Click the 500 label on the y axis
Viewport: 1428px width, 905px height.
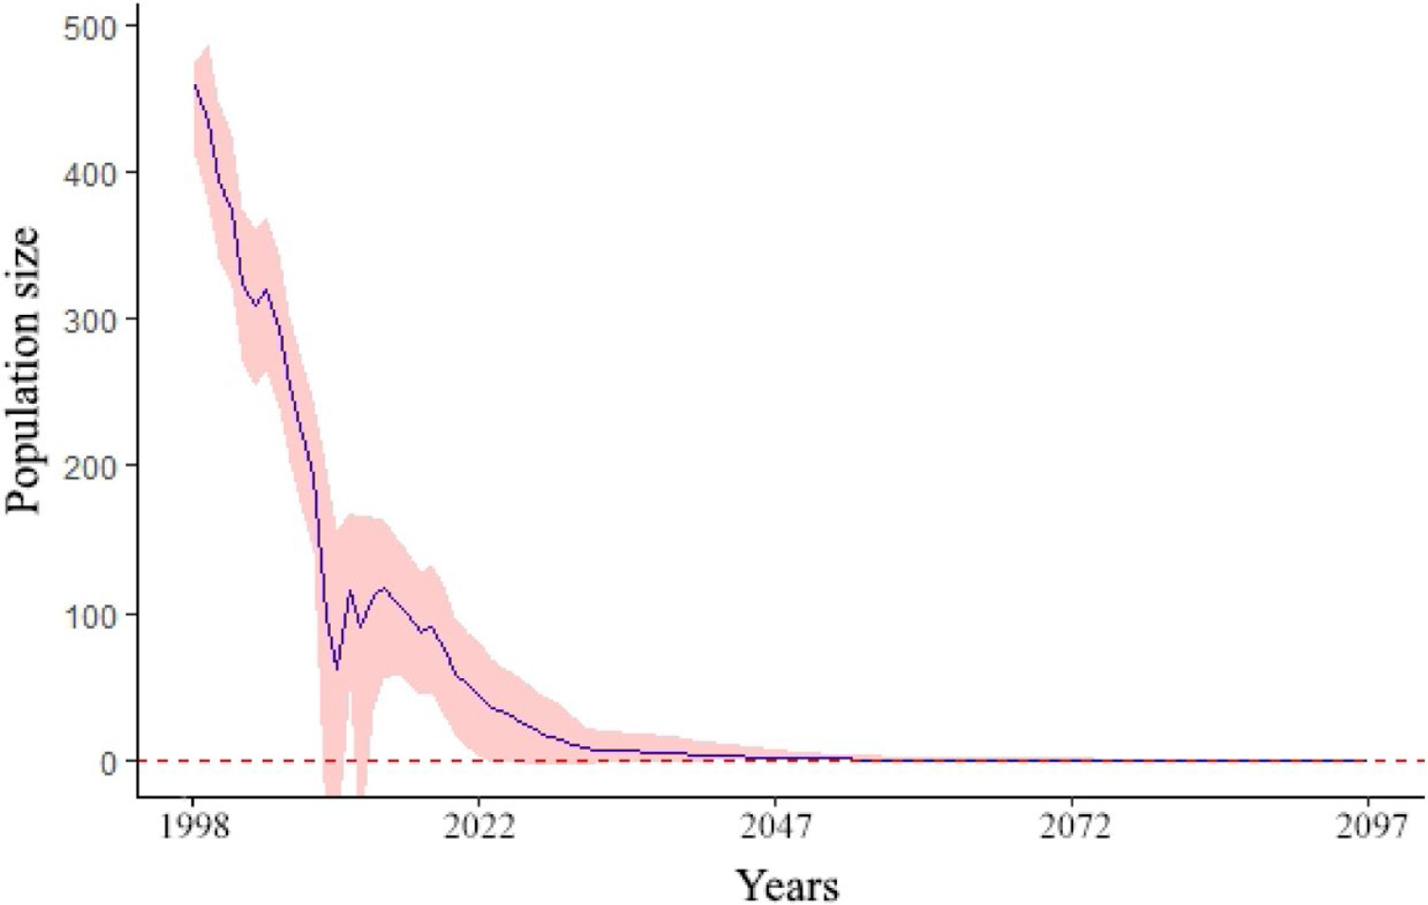[89, 26]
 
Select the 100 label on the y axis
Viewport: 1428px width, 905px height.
[89, 614]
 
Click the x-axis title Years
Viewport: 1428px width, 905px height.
[787, 885]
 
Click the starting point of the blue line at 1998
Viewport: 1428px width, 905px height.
[195, 85]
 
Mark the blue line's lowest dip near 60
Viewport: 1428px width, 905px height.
[337, 670]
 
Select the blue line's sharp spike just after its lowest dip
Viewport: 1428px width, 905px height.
[350, 591]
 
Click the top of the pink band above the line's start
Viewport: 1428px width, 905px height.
[206, 45]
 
